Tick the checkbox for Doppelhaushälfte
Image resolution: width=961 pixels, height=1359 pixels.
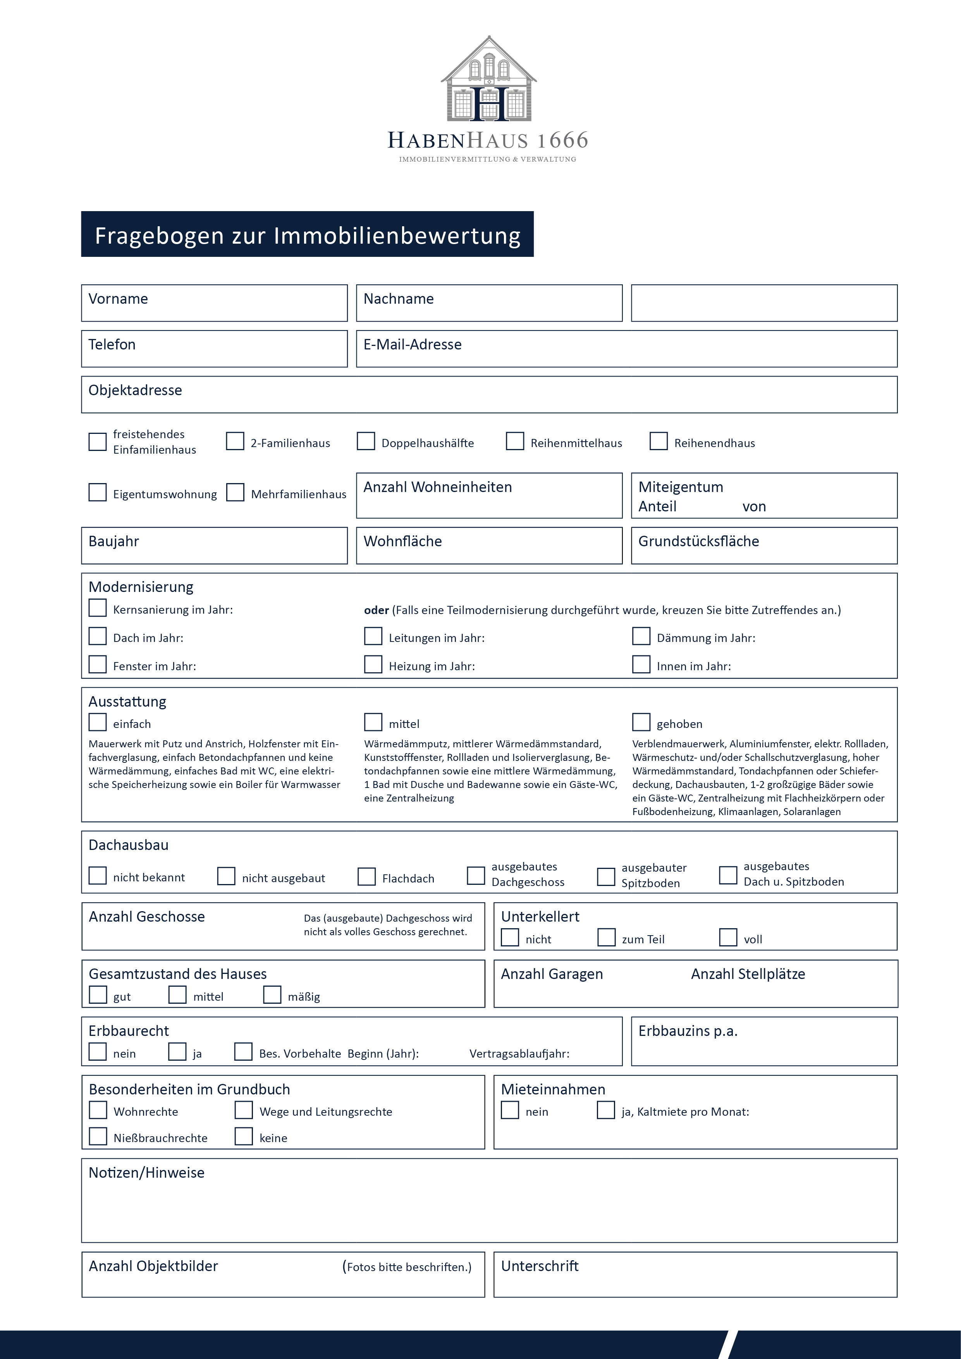366,442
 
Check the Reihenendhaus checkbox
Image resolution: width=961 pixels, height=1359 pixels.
658,442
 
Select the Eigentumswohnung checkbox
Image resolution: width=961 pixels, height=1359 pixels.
98,492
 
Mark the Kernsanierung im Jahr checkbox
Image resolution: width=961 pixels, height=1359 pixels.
98,608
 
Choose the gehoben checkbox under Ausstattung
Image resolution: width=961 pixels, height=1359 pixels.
641,722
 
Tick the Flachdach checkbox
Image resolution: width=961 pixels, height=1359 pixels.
367,877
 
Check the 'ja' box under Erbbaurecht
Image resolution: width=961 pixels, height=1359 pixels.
177,1052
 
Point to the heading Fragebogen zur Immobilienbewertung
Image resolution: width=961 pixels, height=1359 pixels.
307,235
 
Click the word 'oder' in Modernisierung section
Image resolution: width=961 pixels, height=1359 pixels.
376,610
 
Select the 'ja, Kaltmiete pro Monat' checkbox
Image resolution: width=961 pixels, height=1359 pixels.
606,1110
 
